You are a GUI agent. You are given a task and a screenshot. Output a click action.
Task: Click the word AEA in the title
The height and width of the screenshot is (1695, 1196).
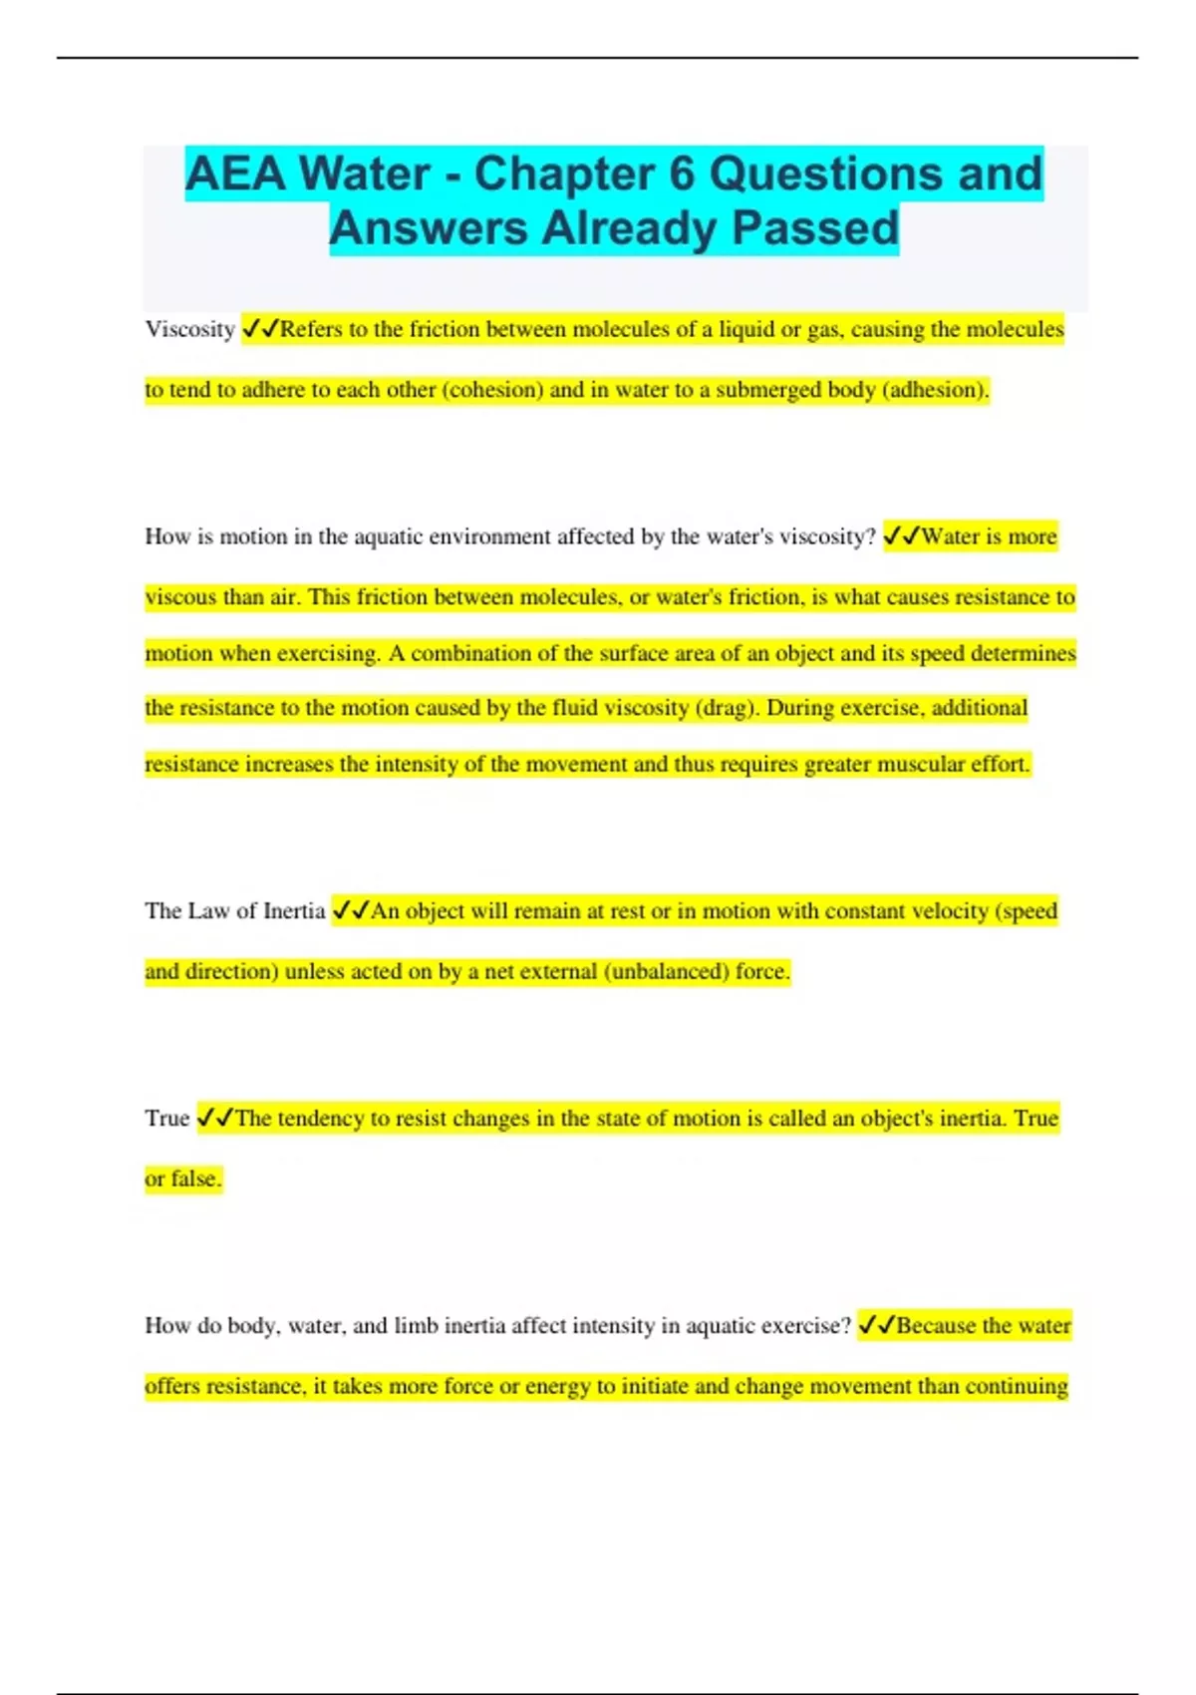[236, 174]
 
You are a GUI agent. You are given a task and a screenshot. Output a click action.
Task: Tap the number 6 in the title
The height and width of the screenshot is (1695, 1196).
[682, 174]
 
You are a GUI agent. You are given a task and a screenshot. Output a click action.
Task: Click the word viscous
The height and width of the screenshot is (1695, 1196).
[180, 597]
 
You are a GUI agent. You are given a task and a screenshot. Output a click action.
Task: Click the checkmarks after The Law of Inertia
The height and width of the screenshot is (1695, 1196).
[351, 911]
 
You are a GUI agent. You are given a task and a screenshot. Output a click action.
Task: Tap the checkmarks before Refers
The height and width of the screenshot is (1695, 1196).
[260, 330]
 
